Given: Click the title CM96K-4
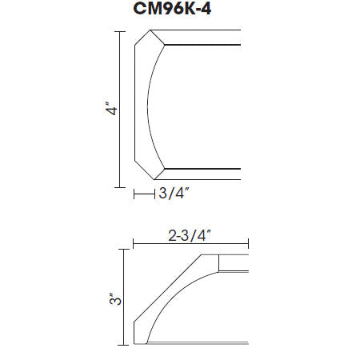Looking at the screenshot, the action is pos(172,8).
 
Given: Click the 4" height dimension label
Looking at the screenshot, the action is pos(111,108).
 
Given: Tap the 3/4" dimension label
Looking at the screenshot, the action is pos(174,193).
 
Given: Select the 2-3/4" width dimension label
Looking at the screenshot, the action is pos(190,236).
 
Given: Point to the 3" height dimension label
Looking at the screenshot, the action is pos(115,299).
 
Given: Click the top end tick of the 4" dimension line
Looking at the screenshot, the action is pos(120,32).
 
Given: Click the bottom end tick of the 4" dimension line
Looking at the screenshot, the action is pos(120,187).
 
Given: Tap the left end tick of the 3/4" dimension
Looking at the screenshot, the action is pos(134,194).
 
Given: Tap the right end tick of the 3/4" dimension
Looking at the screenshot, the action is pos(154,194).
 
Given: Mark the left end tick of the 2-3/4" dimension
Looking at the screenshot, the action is pos(134,244).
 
